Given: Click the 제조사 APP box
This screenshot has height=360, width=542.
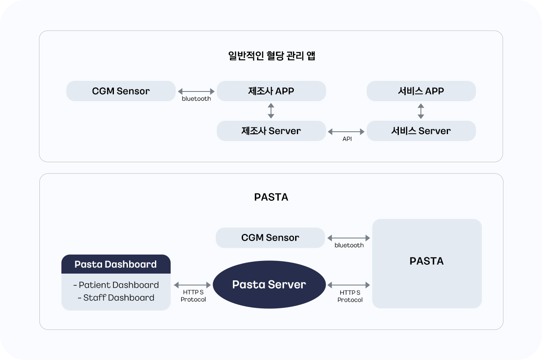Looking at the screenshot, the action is pos(271,91).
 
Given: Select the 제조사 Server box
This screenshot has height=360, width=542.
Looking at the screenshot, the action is pos(271,131).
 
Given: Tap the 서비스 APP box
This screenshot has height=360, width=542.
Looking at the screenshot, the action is pos(421,91).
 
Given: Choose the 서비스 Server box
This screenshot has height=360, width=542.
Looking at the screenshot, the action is pos(421,131).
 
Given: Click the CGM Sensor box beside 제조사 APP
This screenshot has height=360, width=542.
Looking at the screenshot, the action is pos(121,91).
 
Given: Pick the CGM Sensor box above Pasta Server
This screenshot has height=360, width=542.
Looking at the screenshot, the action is pos(270,238).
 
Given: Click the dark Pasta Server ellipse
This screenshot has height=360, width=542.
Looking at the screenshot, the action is pos(269,285).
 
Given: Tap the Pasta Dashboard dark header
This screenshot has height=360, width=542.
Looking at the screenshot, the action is pos(116,264).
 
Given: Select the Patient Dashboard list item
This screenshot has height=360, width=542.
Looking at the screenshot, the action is pos(116,285).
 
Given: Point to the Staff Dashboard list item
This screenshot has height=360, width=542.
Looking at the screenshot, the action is pos(116,298).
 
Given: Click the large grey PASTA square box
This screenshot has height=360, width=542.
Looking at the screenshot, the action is pos(427,263).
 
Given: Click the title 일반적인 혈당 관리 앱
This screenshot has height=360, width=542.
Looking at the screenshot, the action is pos(271,56).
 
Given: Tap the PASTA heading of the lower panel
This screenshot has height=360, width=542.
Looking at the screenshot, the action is pos(271,197).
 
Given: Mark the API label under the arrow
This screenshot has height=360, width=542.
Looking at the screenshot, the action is pos(347,139).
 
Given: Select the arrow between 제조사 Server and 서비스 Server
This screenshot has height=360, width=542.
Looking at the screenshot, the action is pos(346,132).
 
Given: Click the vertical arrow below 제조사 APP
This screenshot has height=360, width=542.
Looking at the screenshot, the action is pos(271,111).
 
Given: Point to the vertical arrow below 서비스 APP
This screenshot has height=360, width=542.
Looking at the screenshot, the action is pos(421,111).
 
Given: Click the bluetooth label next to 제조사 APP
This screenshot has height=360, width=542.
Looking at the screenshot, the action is pos(196,99).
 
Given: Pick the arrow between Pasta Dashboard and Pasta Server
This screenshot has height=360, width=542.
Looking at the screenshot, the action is pos(192,285).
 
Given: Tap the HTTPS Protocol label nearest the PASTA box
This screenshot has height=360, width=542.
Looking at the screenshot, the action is pos(350,296).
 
